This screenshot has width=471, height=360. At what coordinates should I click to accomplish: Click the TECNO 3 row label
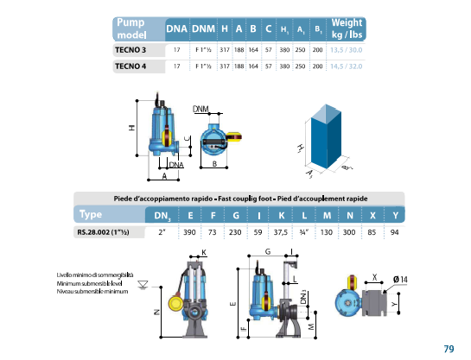(x=130, y=50)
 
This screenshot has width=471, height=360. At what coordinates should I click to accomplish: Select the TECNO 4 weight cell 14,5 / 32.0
(x=346, y=66)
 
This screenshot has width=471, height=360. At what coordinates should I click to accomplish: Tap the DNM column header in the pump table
(x=203, y=28)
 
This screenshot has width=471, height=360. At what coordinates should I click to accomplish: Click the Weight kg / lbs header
(x=347, y=28)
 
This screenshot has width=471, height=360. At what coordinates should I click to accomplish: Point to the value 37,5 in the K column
(x=281, y=232)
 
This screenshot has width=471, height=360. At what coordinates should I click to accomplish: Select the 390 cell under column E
(x=189, y=232)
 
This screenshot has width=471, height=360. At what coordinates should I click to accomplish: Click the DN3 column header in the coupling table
(x=162, y=216)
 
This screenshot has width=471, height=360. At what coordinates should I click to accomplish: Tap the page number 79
(x=449, y=349)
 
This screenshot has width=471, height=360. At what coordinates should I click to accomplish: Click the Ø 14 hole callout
(x=400, y=280)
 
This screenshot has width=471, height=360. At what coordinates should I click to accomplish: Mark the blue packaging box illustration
(x=326, y=136)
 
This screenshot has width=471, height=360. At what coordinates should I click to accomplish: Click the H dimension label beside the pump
(x=132, y=128)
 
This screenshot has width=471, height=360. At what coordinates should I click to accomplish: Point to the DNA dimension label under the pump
(x=176, y=165)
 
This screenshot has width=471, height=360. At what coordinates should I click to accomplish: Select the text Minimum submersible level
(x=90, y=283)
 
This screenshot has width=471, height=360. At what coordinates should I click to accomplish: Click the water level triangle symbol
(x=143, y=285)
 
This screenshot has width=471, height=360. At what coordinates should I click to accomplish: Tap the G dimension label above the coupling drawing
(x=268, y=251)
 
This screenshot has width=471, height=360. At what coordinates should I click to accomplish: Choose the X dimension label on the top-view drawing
(x=374, y=277)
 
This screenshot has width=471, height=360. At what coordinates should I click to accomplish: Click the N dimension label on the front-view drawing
(x=156, y=312)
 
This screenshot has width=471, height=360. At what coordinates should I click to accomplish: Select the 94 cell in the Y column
(x=394, y=232)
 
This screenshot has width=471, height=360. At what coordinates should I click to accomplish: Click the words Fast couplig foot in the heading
(x=245, y=199)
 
